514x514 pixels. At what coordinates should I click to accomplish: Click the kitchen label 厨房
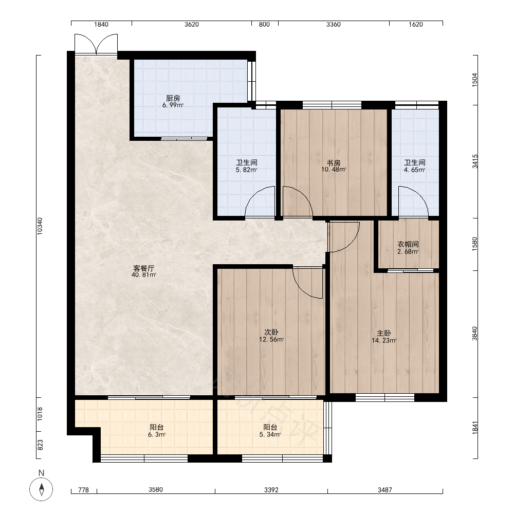coord(173,98)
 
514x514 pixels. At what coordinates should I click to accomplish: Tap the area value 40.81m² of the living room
coord(144,274)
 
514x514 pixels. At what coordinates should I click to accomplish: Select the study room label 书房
coord(334,162)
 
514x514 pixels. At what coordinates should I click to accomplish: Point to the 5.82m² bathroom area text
coord(246,170)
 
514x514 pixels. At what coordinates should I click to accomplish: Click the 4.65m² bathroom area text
coord(415,170)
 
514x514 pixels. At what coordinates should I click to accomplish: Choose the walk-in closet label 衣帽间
coord(408,244)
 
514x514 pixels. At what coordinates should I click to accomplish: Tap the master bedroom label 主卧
coord(384,333)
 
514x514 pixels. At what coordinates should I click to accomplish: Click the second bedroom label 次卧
coord(271,332)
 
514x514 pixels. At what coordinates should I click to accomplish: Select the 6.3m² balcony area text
coord(157,435)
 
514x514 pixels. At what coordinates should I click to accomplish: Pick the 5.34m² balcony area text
coord(270,435)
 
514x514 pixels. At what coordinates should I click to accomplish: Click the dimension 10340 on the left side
coord(40,226)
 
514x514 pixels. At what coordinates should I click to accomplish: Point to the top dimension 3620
coord(192,24)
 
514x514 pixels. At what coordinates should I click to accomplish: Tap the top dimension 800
coord(264,24)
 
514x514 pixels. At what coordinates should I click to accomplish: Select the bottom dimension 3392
coord(271,490)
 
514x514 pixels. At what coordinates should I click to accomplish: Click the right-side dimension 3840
coord(474,334)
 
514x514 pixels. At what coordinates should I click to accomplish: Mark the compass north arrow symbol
coord(41,489)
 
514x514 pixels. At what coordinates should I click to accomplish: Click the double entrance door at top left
coord(96,44)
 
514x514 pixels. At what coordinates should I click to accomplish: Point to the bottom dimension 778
coord(84,490)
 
